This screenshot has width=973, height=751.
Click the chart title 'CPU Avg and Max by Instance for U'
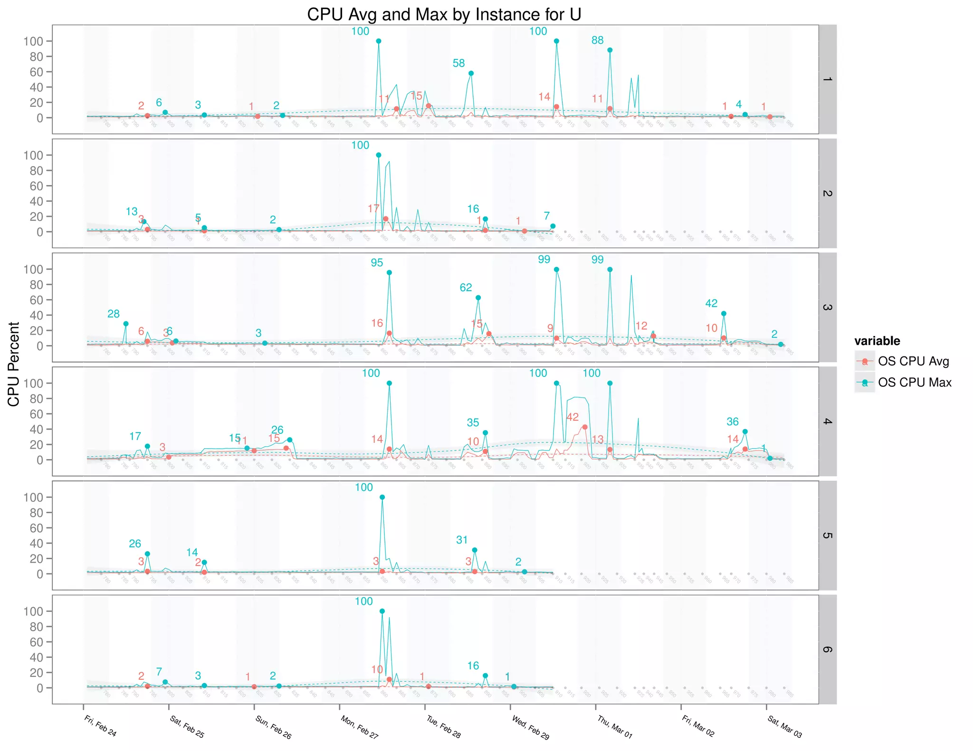point(444,15)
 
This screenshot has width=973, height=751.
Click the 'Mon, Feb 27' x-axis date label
point(359,727)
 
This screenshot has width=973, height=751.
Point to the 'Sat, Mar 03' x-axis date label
point(784,727)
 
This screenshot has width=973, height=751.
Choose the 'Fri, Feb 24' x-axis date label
point(100,726)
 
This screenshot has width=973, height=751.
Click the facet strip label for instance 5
point(827,535)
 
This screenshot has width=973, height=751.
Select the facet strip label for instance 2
point(827,193)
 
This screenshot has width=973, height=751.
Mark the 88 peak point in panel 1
point(610,50)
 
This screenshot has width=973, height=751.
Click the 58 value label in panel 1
point(458,63)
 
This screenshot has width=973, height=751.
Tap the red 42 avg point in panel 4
point(585,427)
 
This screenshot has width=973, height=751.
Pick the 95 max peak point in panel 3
point(389,272)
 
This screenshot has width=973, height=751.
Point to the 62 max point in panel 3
point(478,298)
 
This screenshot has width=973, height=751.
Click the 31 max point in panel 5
point(475,550)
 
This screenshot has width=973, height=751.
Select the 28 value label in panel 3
point(114,314)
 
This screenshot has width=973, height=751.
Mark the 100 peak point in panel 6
point(382,611)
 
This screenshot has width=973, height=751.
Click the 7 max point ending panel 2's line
point(553,226)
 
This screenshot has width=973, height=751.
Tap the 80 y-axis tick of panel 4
point(36,399)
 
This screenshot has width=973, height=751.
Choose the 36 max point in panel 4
point(745,432)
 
